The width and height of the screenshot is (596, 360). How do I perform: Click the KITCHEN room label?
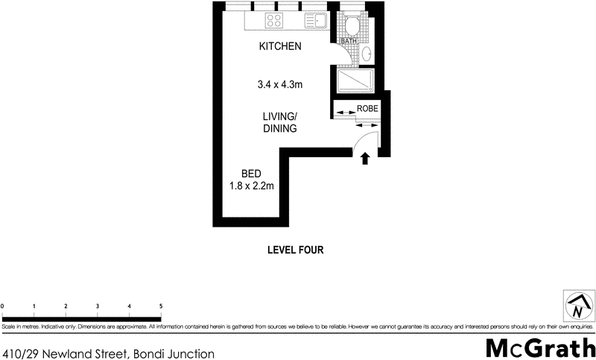click(279, 47)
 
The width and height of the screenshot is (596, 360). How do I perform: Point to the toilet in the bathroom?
click(352, 27)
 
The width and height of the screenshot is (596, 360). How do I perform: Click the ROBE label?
click(367, 109)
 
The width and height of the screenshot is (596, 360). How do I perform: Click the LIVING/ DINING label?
click(279, 122)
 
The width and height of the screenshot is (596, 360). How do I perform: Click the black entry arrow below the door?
click(365, 158)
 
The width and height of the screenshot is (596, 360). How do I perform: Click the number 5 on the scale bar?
click(161, 306)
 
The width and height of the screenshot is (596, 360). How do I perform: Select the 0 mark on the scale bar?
click(3, 306)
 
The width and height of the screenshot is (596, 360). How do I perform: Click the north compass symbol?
click(577, 306)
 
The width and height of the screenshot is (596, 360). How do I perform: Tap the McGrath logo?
click(540, 347)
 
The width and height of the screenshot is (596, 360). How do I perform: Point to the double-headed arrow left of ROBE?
click(344, 113)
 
